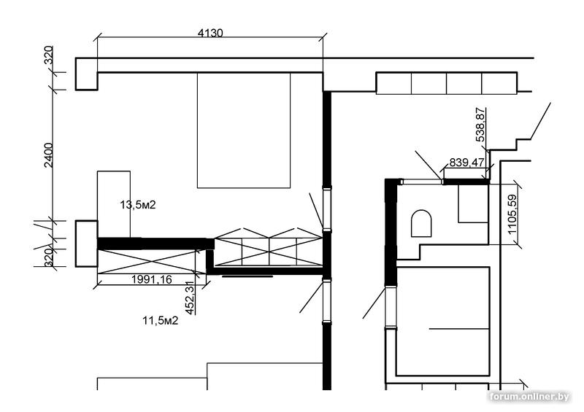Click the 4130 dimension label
210,33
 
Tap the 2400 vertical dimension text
49,155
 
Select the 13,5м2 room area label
138,205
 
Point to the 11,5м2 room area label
160,320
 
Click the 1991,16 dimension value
152,279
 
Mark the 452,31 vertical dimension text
190,298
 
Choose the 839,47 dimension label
466,163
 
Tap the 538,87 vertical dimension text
481,124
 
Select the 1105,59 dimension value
512,214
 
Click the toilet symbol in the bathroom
421,223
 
